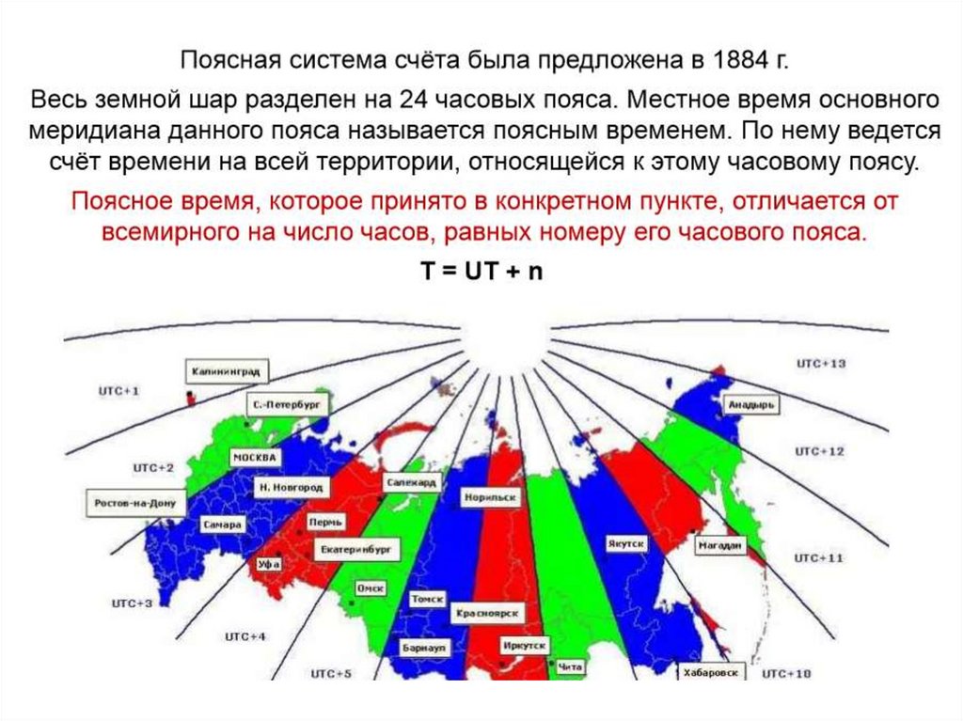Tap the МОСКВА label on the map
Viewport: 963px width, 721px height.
[254, 457]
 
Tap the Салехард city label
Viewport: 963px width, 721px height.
[411, 481]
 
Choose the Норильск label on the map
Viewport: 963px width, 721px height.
[489, 496]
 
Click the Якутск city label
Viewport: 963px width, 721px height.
[624, 544]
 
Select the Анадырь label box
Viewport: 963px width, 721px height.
[750, 404]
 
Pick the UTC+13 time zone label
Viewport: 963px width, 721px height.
[820, 363]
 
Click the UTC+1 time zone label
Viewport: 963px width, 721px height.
[118, 389]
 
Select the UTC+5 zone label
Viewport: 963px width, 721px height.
[331, 673]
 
